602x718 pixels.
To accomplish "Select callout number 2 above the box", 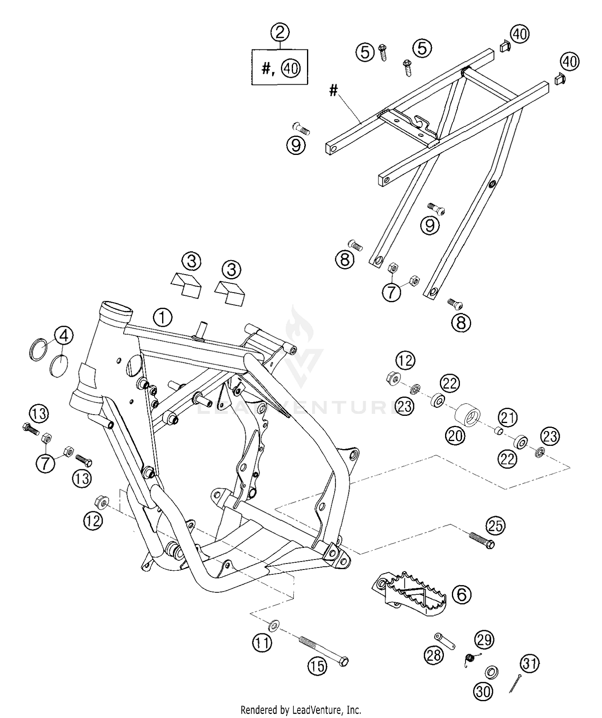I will pos(280,32).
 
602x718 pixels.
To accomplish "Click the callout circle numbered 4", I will pos(64,336).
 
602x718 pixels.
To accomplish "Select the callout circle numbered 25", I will pos(496,525).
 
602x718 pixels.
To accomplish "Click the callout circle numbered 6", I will pos(462,594).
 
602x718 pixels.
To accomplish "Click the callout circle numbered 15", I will pos(317,667).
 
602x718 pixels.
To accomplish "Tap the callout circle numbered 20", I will pos(456,435).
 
